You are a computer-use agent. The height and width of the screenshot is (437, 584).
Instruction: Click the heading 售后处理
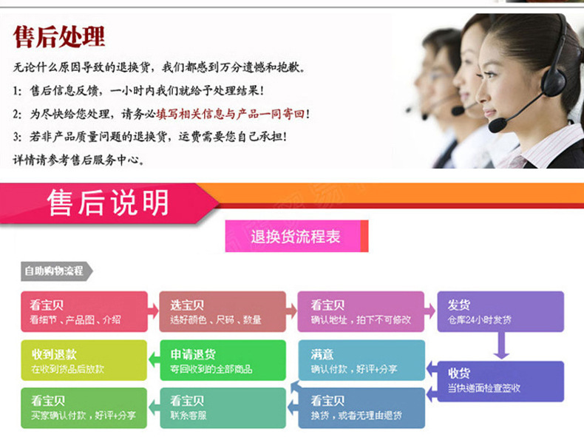coord(59,36)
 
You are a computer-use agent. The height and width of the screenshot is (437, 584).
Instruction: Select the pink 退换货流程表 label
coord(296,237)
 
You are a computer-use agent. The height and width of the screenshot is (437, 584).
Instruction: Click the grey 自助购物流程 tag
coord(55,271)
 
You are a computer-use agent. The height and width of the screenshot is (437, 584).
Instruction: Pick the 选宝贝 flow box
coord(223,311)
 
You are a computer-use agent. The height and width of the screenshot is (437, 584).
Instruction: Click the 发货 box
coord(500,311)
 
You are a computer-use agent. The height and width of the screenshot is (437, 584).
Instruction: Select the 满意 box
coord(361,360)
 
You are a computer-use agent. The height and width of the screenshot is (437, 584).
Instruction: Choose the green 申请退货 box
coord(223,360)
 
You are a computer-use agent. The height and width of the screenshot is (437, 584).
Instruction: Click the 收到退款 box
coord(82,360)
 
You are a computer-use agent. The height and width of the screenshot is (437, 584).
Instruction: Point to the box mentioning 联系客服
coord(223,407)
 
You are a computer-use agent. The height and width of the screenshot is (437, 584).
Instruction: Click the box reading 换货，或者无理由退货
coord(361,407)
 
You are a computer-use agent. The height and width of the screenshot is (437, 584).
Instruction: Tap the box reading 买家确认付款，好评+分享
coord(82,407)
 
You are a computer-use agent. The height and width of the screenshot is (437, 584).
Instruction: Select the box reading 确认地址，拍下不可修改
coord(361,311)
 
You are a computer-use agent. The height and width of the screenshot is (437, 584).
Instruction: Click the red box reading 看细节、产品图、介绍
coord(82,311)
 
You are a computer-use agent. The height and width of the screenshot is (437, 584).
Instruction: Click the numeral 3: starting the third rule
coord(17,137)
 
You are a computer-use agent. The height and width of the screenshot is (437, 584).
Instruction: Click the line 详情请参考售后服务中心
coord(80,159)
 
